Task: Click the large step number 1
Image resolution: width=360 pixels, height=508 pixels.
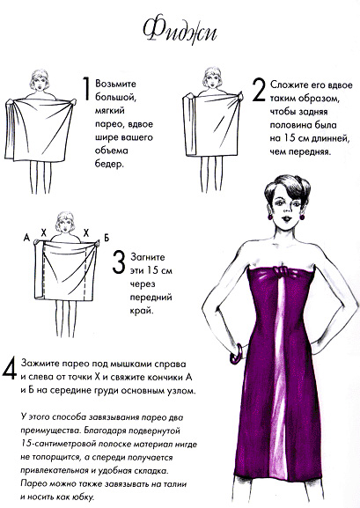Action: click(x=86, y=91)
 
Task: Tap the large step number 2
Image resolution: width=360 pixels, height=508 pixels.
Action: click(x=259, y=91)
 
